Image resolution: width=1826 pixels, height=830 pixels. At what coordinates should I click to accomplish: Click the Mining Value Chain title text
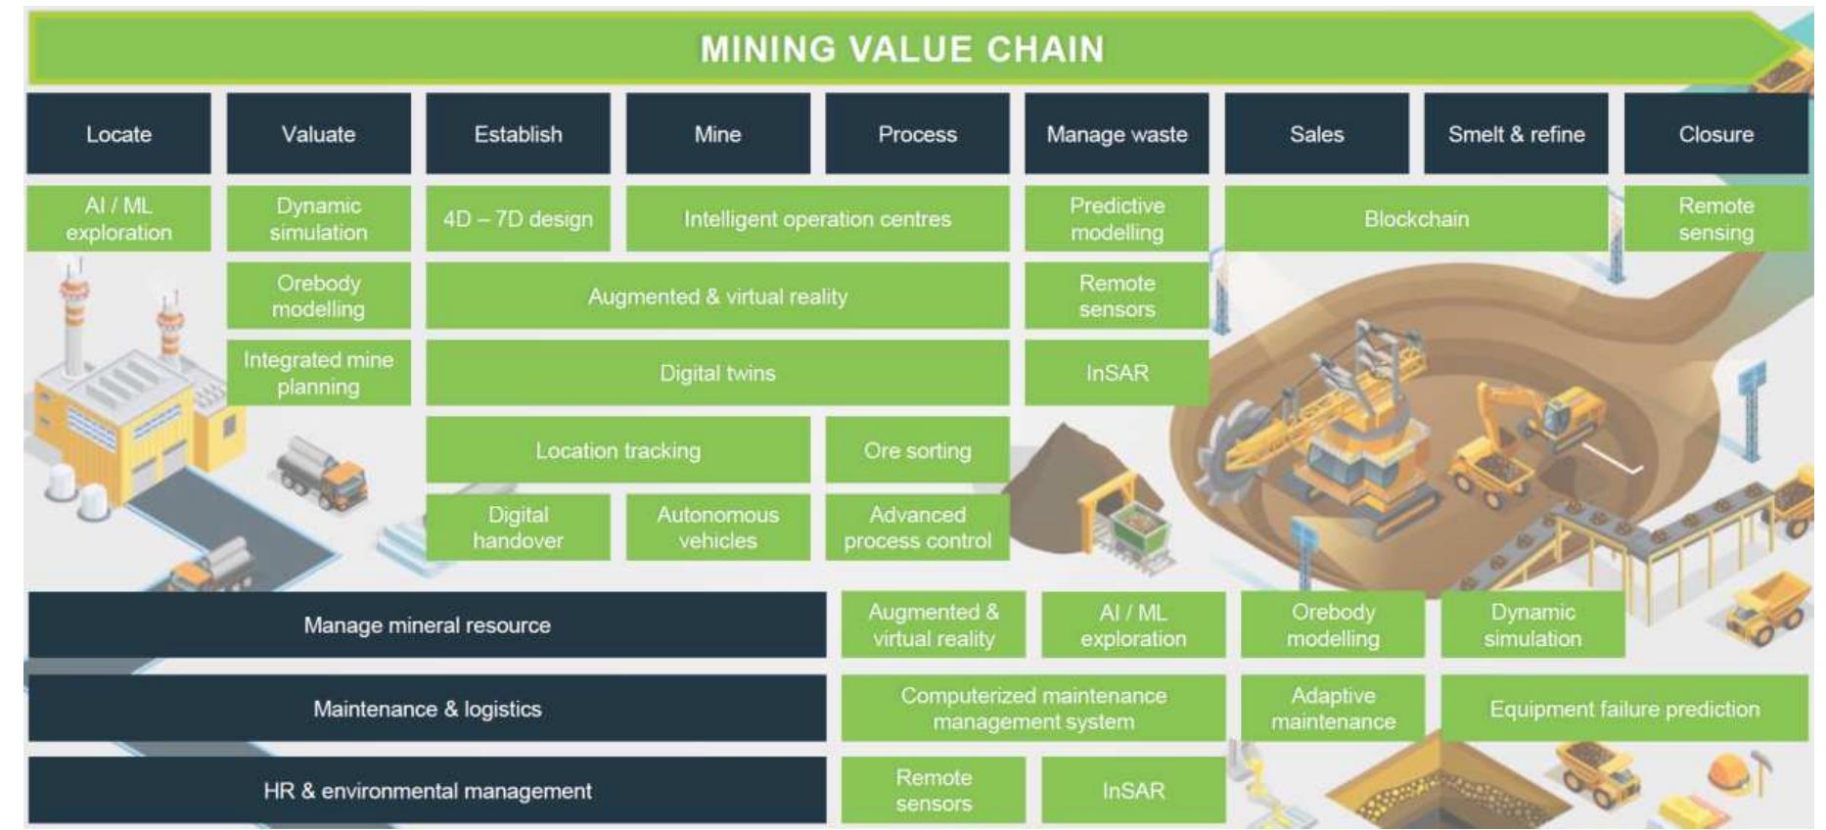(x=901, y=49)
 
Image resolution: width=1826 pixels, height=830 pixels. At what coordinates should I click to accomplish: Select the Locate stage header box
(x=118, y=134)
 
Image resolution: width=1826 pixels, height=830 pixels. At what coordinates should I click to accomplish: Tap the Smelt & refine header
(x=1516, y=134)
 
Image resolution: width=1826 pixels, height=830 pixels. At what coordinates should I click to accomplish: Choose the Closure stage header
(x=1715, y=134)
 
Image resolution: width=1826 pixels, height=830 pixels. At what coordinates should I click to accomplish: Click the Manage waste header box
(x=1117, y=134)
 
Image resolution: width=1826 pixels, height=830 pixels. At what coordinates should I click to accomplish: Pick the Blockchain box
(x=1416, y=219)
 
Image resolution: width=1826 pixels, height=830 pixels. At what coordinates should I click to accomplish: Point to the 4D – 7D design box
(x=518, y=219)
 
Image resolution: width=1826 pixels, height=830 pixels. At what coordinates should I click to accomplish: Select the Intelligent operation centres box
(x=817, y=219)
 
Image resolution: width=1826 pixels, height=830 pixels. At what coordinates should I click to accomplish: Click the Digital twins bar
(x=717, y=373)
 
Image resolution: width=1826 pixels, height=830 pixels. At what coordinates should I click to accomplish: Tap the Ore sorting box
(x=917, y=450)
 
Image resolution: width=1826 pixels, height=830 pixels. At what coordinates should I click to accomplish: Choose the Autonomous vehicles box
(x=717, y=528)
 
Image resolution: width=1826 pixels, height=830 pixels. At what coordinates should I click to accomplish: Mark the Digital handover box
(x=518, y=528)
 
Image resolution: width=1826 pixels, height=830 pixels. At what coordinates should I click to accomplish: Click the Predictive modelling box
(x=1117, y=219)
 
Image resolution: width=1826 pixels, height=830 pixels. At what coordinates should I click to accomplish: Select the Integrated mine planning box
(x=318, y=373)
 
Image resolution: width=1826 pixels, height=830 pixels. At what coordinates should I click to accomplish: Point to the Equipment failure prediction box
(x=1623, y=709)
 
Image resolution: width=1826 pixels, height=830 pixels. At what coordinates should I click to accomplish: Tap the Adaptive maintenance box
(x=1333, y=709)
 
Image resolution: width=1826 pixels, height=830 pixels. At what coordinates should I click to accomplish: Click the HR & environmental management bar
(x=427, y=791)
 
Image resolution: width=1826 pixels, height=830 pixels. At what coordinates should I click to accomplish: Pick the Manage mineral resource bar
(x=427, y=624)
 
